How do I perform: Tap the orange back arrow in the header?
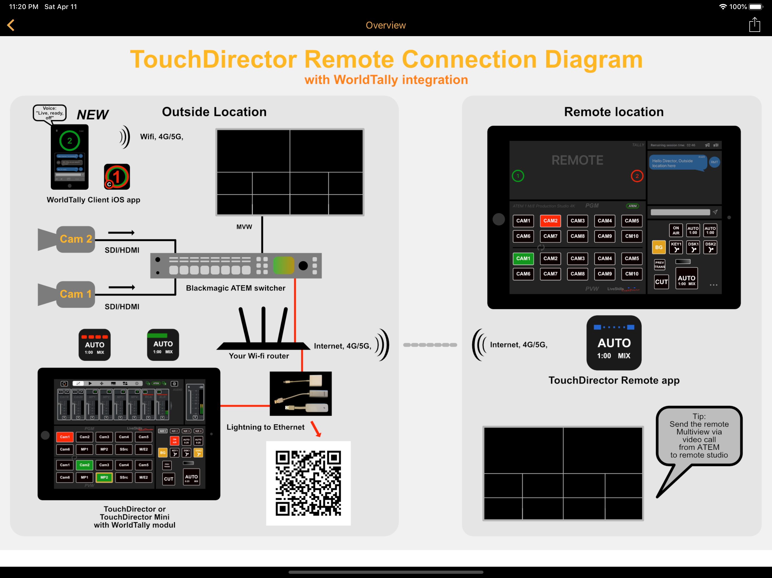pos(11,25)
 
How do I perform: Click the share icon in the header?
pos(754,25)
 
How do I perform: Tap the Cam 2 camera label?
pos(76,239)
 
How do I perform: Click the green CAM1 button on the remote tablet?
pos(523,258)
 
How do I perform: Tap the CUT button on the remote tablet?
pos(661,282)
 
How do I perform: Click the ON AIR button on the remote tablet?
pos(676,230)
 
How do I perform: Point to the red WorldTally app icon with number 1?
pos(117,177)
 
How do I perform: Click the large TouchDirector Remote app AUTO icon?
pos(614,343)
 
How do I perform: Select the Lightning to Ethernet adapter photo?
pos(300,394)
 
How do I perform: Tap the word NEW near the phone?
pos(92,114)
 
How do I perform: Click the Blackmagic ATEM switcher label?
pos(236,288)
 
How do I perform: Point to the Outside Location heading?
pos(214,112)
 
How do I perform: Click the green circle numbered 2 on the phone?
pos(70,141)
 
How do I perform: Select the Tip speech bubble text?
pos(699,435)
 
